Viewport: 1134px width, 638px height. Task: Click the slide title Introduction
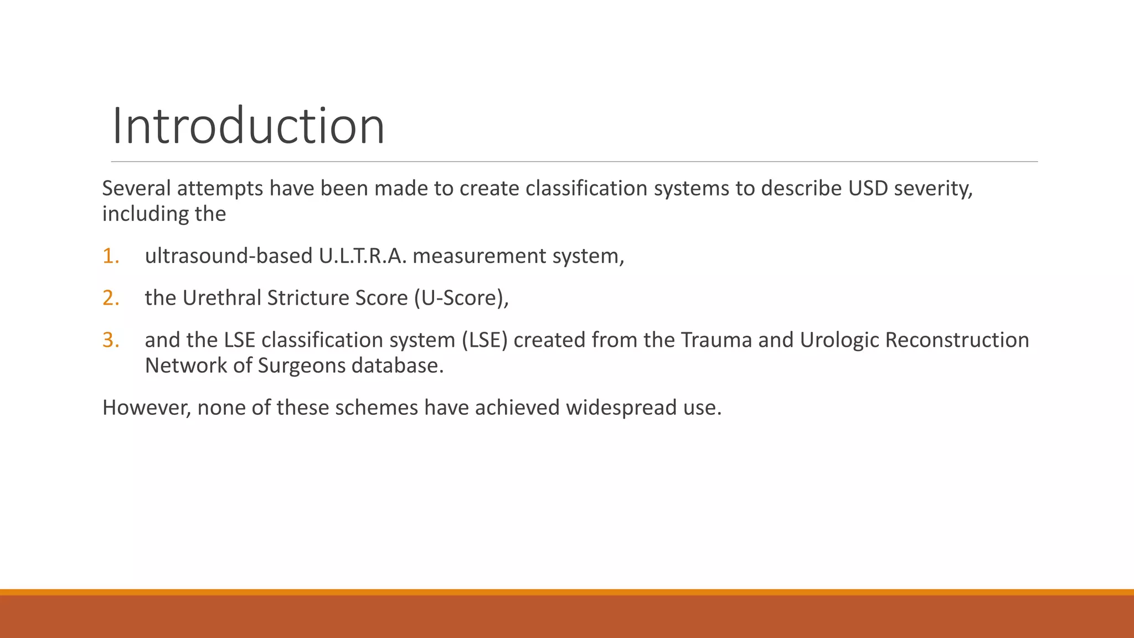(x=248, y=126)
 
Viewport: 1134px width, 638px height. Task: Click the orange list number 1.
(x=110, y=256)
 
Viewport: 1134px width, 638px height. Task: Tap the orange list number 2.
(x=110, y=298)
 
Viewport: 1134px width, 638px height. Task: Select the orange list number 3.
(x=110, y=340)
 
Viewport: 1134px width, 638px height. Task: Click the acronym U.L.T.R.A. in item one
(x=363, y=256)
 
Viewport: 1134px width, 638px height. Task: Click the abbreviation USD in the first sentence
(x=868, y=188)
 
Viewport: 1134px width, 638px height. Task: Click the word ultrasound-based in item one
(x=229, y=256)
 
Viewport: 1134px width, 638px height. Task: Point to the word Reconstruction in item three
(x=957, y=340)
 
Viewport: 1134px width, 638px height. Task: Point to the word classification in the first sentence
(x=586, y=188)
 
